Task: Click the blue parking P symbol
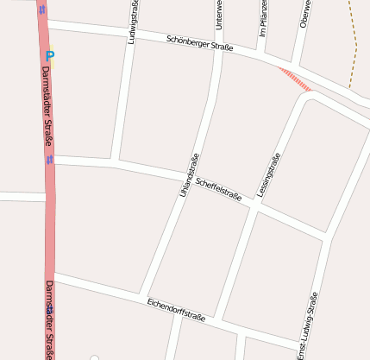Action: pyautogui.click(x=50, y=57)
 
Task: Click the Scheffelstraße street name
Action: pyautogui.click(x=218, y=188)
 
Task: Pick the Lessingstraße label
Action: pyautogui.click(x=268, y=174)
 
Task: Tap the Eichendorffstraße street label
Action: pyautogui.click(x=176, y=309)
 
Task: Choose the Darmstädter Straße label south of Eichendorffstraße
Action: pyautogui.click(x=49, y=319)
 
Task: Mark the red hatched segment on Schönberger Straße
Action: pyautogui.click(x=295, y=78)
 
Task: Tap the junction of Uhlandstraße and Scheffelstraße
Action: pyautogui.click(x=191, y=174)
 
